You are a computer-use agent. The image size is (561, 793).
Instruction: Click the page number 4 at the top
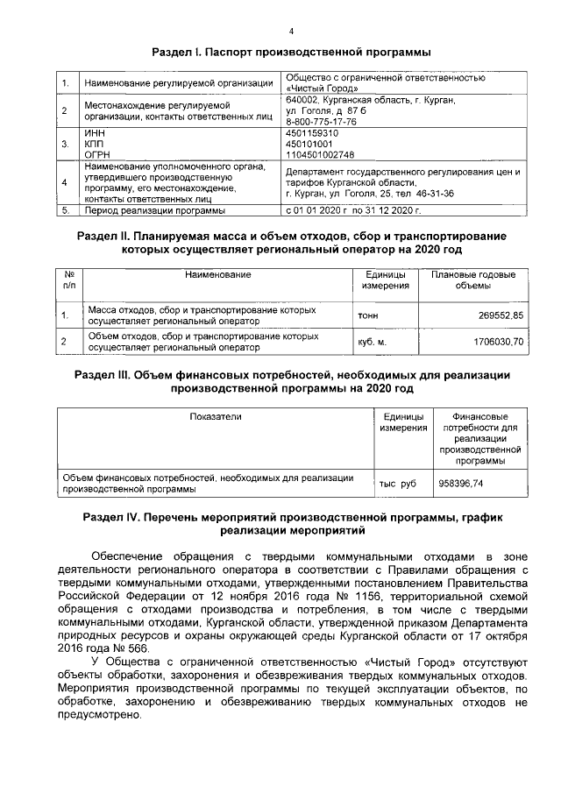coord(290,31)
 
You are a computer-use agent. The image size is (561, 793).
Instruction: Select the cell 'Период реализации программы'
coord(155,211)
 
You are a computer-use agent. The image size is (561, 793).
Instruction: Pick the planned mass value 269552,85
coord(497,315)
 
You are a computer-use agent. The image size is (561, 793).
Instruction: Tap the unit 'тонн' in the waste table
coord(368,315)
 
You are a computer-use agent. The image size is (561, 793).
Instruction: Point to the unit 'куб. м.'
coord(373,341)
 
